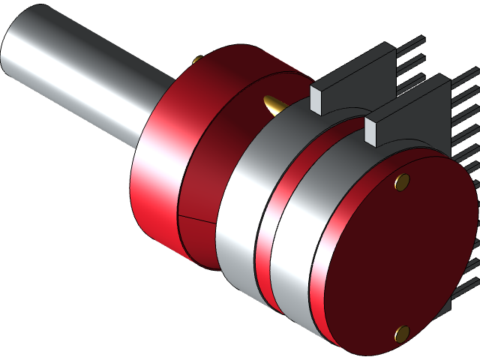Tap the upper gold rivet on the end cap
coord(402,181)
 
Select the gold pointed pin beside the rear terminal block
coord(272,104)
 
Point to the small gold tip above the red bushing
coord(196,59)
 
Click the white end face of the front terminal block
coord(373,129)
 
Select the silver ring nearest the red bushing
coord(240,210)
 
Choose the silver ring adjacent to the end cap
coord(296,247)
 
